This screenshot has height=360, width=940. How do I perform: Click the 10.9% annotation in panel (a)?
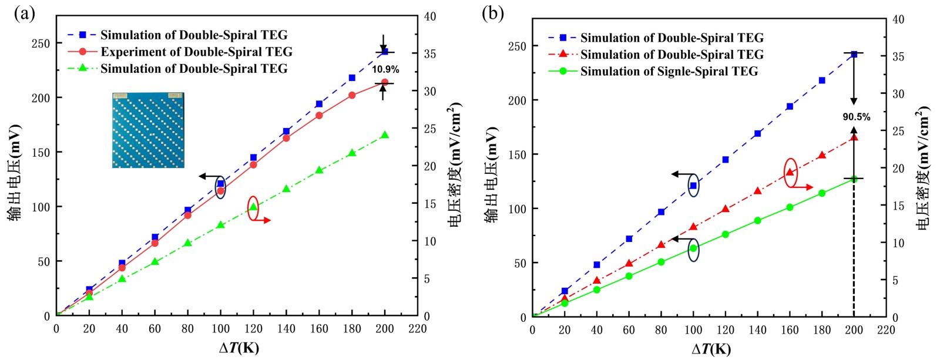[x=385, y=69]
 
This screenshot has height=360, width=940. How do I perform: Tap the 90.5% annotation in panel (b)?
[x=857, y=117]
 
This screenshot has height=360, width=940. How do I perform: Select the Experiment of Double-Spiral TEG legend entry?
[x=196, y=52]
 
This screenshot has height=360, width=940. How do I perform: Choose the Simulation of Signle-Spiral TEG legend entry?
[x=669, y=72]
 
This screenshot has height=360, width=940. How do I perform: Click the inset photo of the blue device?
[x=148, y=130]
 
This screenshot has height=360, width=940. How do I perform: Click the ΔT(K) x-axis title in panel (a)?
[x=239, y=348]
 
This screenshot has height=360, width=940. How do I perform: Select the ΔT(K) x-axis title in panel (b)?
[x=711, y=349]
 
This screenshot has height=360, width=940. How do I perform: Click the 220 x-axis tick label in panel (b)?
[x=885, y=330]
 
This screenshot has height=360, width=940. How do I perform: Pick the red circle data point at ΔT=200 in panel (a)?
[x=385, y=83]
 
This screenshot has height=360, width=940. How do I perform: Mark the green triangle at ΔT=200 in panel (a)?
[x=385, y=135]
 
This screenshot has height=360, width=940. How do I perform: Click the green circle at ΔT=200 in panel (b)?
[x=854, y=179]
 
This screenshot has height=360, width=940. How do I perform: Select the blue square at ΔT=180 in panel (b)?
[x=822, y=80]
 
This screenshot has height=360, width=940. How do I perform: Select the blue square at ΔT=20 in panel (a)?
[x=89, y=290]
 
